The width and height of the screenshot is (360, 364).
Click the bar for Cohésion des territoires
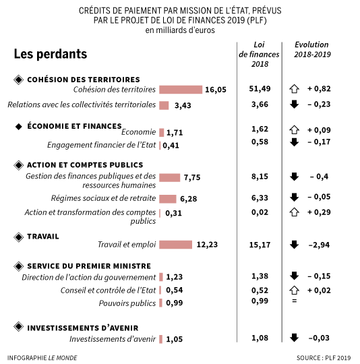(181, 90)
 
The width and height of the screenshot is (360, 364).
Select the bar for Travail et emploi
(175, 245)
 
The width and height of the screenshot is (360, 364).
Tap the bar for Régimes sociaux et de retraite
(167, 199)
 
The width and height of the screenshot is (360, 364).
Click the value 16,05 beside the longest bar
(216, 90)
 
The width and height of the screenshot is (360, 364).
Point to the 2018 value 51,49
(260, 89)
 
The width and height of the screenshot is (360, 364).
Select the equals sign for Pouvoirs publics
(293, 300)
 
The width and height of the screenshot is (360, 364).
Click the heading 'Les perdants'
(50, 53)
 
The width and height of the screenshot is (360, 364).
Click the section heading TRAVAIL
(43, 237)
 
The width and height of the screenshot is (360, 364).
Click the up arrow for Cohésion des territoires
(293, 89)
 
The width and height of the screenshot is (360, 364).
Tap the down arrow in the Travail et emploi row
(293, 245)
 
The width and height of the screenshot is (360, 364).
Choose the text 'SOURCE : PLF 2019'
(324, 357)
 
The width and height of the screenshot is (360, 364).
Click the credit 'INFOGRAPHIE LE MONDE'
(42, 357)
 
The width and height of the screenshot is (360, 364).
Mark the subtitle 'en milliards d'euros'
(181, 30)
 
